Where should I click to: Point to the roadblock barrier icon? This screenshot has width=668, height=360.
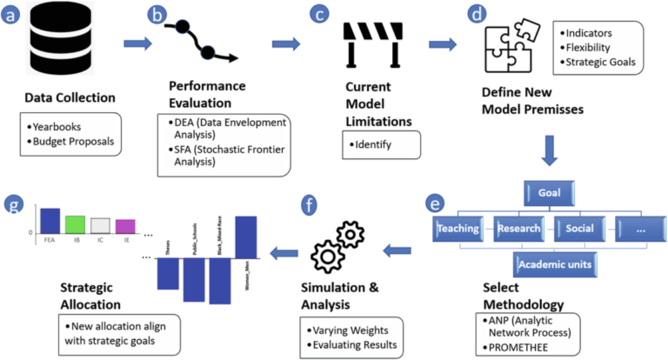[x=375, y=44]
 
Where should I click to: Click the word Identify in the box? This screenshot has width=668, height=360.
[x=384, y=139]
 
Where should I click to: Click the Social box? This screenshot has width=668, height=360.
[x=582, y=230]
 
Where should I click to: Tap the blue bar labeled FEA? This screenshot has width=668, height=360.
[x=50, y=220]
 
